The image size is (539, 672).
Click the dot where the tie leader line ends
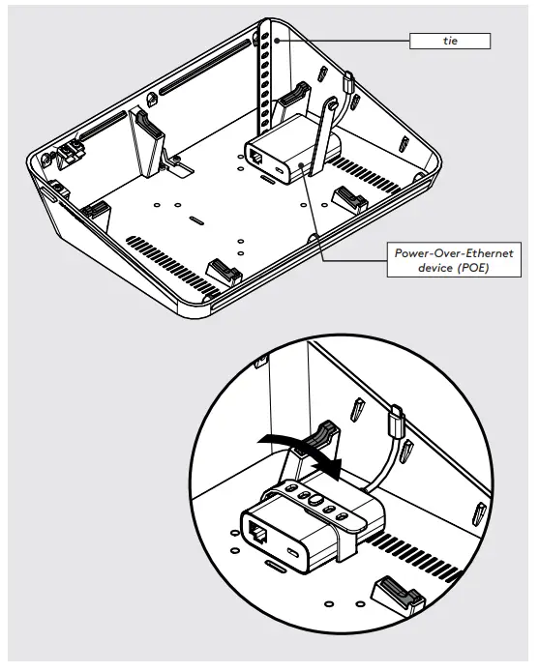point(275,41)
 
